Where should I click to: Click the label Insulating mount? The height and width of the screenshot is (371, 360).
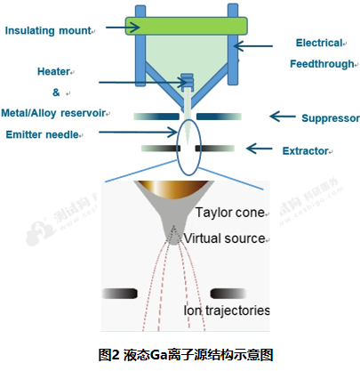point(49,31)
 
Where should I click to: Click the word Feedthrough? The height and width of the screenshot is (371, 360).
point(324,64)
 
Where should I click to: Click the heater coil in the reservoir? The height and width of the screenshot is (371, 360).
point(187,83)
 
